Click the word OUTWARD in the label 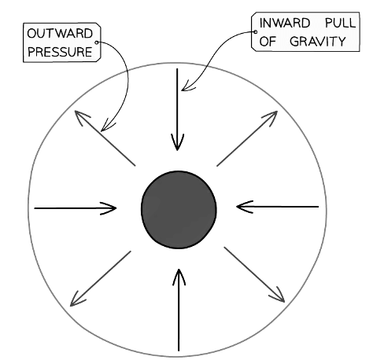(60, 34)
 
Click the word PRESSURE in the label (60, 52)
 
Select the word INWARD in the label (285, 23)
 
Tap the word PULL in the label (340, 23)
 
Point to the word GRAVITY (318, 42)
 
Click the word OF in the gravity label (268, 42)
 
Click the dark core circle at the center (179, 210)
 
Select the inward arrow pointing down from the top (177, 109)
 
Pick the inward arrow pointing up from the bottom (179, 310)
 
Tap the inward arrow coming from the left (76, 208)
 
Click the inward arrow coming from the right (278, 207)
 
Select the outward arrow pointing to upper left (105, 138)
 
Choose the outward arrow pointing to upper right (247, 138)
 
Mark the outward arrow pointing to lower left (100, 279)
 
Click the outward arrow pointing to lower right (254, 274)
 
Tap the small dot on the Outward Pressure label (96, 42)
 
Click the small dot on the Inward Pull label (255, 31)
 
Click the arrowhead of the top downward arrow (177, 142)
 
